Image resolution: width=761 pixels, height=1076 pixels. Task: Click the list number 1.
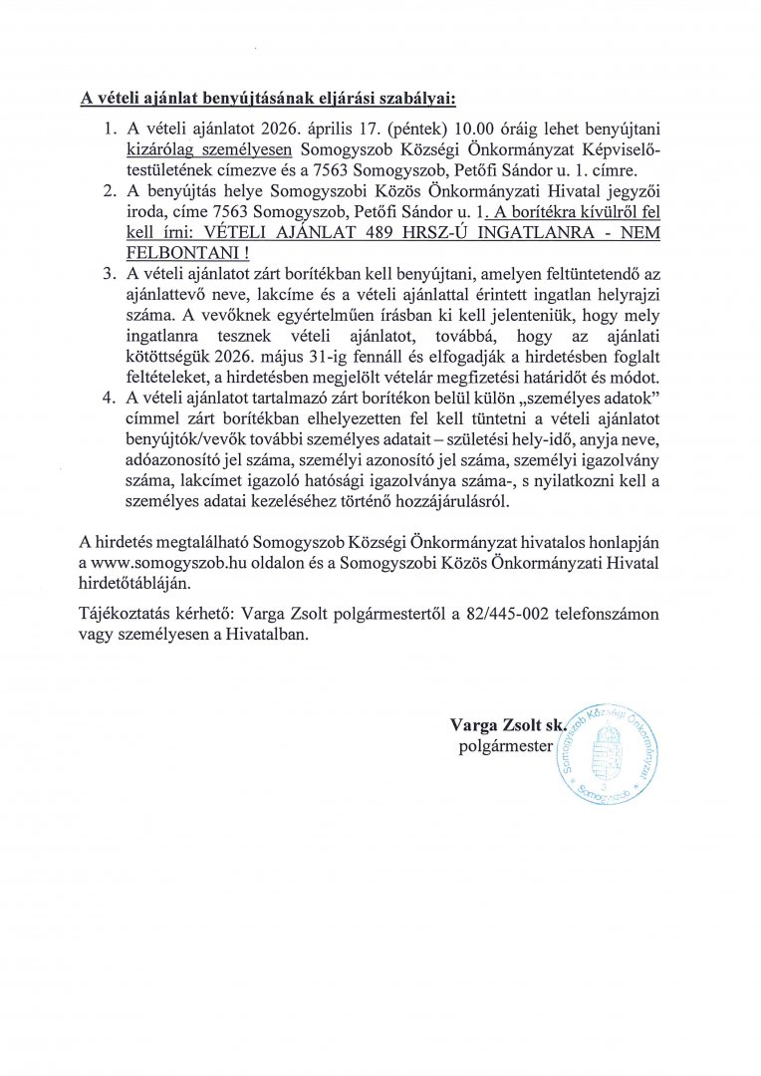tap(110, 132)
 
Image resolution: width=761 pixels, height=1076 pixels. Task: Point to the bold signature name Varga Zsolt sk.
tap(507, 723)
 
